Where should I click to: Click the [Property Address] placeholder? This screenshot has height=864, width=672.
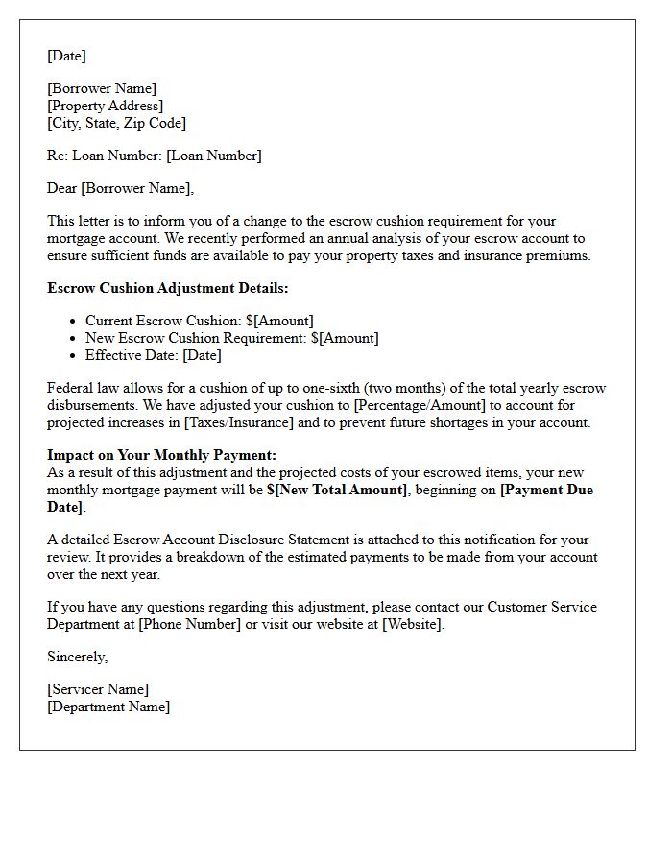coord(106,106)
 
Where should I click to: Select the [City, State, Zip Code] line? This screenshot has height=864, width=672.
coord(116,123)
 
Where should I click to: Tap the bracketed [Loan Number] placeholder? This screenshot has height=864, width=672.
coord(213,156)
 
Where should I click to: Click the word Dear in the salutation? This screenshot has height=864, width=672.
coord(62,188)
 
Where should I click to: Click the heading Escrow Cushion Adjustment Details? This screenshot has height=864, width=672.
coord(167,288)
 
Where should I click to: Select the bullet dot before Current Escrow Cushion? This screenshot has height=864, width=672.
coord(74,322)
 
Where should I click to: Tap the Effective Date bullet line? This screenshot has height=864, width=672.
coord(154,355)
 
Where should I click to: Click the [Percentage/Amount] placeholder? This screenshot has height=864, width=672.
coord(418,405)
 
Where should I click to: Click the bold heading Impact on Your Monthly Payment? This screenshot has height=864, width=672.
coord(161,455)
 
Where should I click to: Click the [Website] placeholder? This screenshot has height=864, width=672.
coord(412,624)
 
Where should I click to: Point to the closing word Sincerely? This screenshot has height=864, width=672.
coord(78,657)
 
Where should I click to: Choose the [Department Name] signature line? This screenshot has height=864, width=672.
coord(108,707)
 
